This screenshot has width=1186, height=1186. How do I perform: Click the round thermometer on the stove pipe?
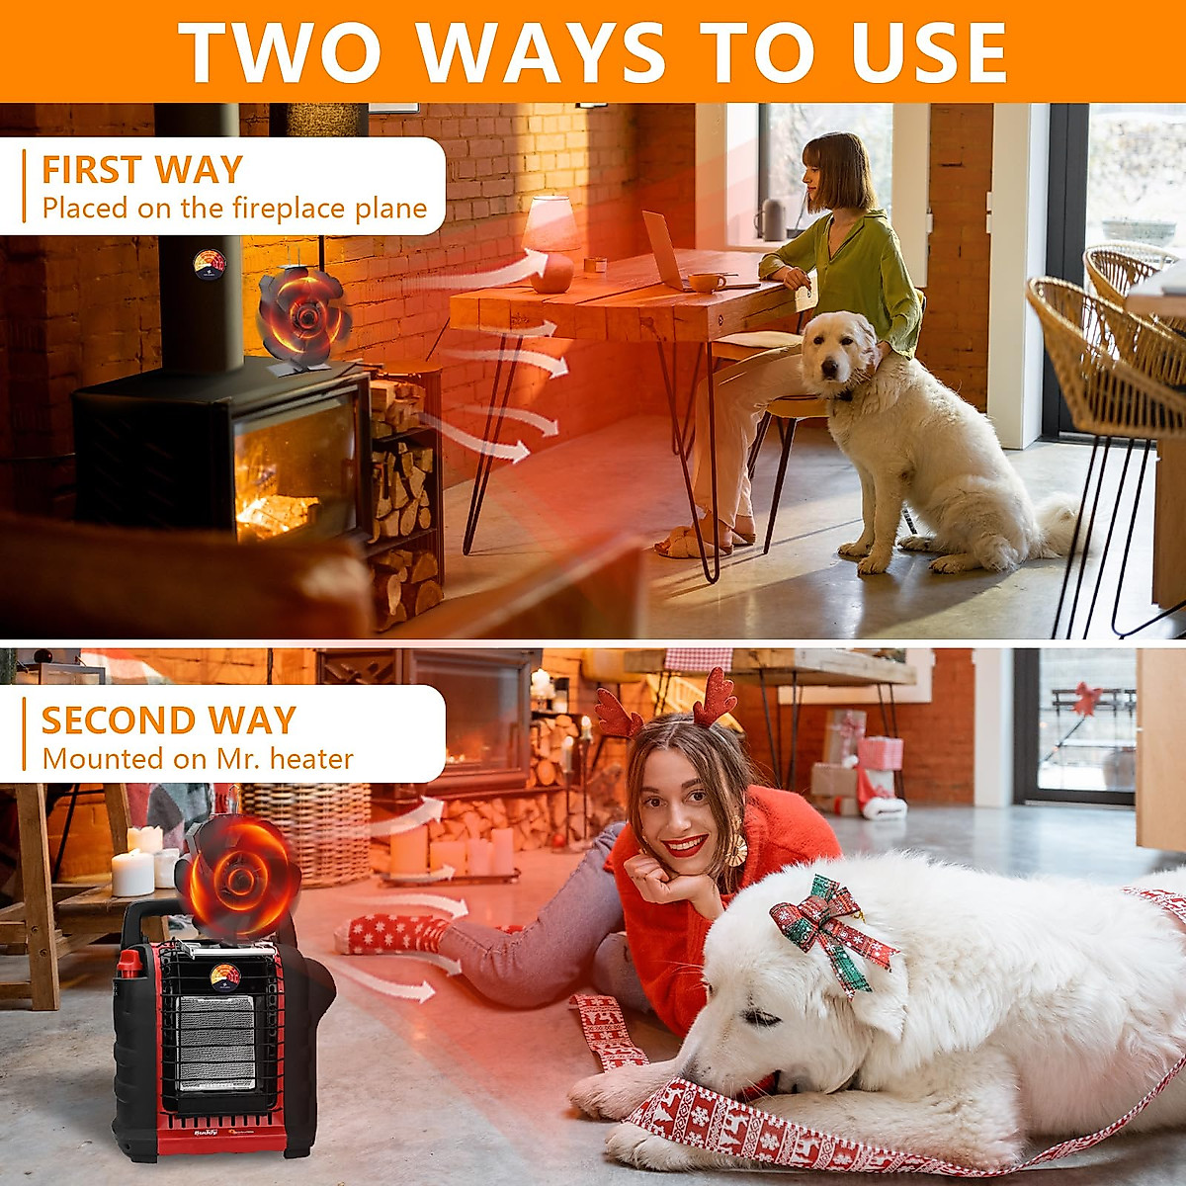[x=209, y=264]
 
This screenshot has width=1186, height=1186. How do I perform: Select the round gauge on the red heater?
[x=225, y=976]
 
